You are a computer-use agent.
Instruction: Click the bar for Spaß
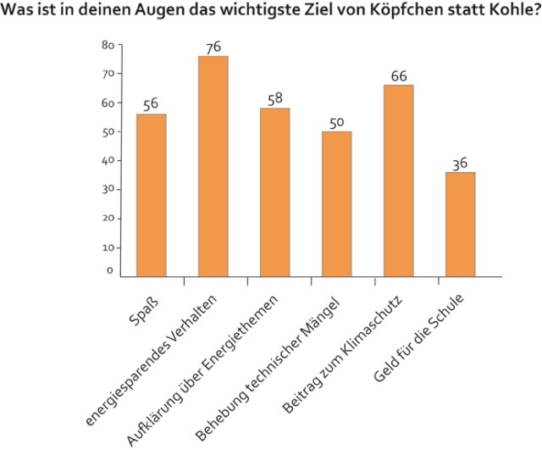(x=151, y=195)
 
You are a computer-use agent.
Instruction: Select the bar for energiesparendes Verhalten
(x=213, y=166)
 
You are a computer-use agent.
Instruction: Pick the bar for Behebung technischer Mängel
(x=336, y=203)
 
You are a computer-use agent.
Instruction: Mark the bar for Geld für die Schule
(x=460, y=224)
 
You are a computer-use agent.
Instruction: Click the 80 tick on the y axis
(x=108, y=45)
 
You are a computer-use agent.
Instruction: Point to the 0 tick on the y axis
(x=110, y=271)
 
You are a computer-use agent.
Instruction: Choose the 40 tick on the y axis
(x=108, y=160)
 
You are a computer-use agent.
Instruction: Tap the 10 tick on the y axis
(x=108, y=247)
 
